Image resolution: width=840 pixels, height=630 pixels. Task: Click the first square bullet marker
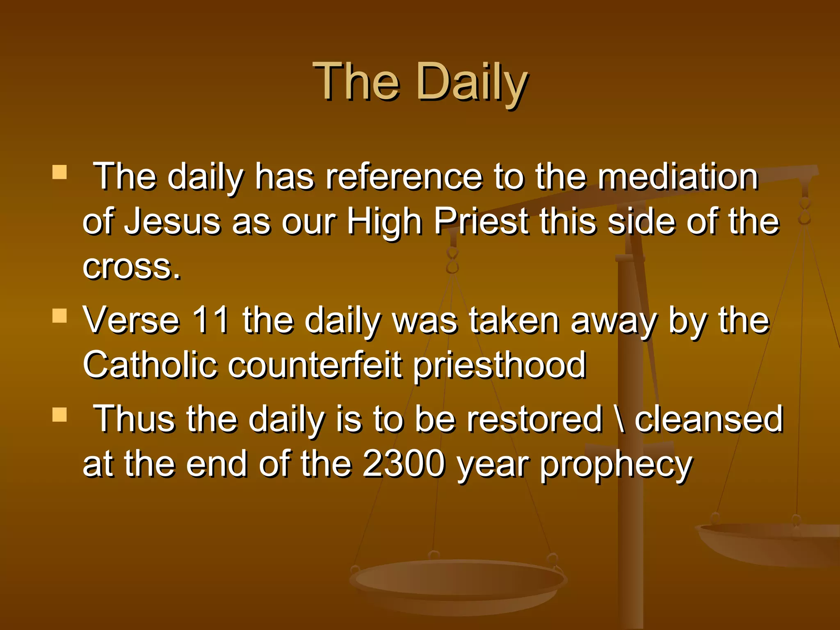59,172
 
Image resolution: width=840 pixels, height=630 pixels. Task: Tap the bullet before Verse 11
59,316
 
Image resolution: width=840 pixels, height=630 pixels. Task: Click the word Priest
481,221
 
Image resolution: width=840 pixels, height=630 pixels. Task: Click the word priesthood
500,365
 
